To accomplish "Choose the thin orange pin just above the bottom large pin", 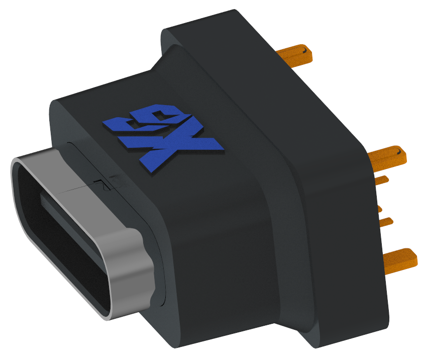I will click(386, 221).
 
